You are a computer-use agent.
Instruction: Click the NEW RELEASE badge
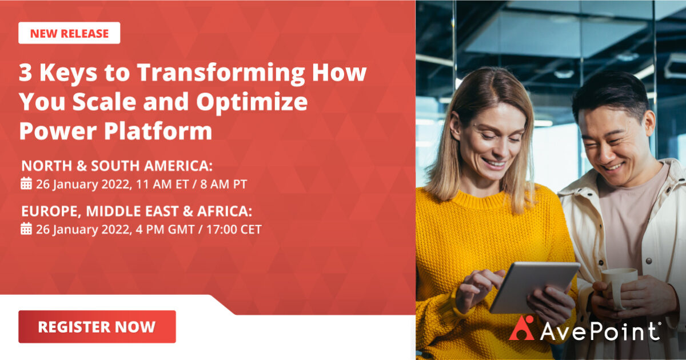point(69,33)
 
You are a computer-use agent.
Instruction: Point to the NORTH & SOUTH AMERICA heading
point(117,166)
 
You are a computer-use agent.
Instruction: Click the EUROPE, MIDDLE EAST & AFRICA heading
point(136,211)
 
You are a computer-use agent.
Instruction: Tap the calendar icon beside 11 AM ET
point(26,184)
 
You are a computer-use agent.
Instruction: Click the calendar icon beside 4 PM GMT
point(26,229)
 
